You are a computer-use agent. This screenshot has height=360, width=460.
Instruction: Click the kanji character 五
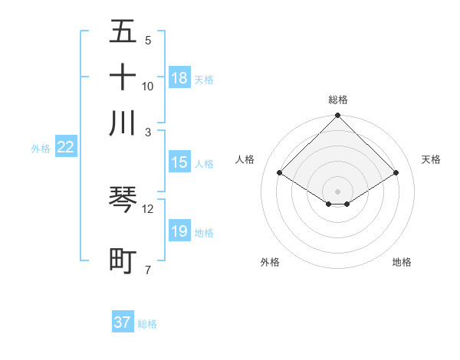pyautogui.click(x=123, y=33)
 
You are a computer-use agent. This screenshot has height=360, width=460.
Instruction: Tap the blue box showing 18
pyautogui.click(x=179, y=78)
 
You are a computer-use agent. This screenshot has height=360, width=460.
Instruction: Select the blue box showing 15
pyautogui.click(x=179, y=162)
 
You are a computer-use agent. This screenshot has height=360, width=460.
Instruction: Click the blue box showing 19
pyautogui.click(x=179, y=231)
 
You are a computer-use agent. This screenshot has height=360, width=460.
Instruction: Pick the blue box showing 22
pyautogui.click(x=65, y=148)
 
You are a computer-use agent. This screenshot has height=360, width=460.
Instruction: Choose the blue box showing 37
pyautogui.click(x=123, y=322)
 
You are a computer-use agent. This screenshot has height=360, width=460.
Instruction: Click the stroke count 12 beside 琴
pyautogui.click(x=148, y=208)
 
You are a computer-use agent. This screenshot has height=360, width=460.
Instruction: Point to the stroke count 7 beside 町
pyautogui.click(x=148, y=270)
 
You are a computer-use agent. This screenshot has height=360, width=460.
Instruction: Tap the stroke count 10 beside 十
pyautogui.click(x=148, y=87)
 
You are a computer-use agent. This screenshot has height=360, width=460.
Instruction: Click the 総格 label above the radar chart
pyautogui.click(x=338, y=100)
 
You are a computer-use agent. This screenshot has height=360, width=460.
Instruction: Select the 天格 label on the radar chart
pyautogui.click(x=432, y=159)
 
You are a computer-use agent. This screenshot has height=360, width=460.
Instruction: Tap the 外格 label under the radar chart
pyautogui.click(x=270, y=262)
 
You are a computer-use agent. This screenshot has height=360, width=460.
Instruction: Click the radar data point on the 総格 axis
pyautogui.click(x=338, y=116)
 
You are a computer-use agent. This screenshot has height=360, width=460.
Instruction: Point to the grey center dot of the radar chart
pyautogui.click(x=338, y=191)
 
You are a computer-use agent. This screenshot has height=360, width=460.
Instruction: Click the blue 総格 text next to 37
pyautogui.click(x=147, y=324)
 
